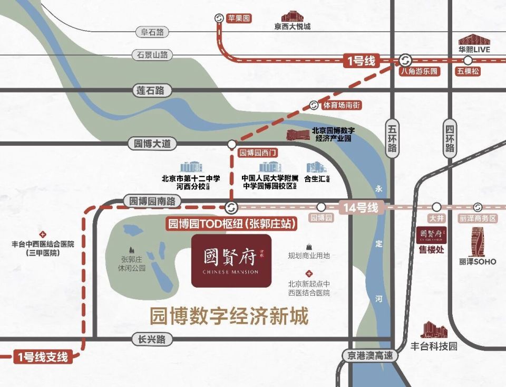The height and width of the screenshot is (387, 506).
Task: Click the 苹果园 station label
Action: pos(239,18)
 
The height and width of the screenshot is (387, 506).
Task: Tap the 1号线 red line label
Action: pos(361,61)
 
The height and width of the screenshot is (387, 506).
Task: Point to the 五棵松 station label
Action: pos(469,71)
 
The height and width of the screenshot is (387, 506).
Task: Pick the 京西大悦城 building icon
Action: pos(292,16)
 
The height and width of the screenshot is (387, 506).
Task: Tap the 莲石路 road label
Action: pos(151,90)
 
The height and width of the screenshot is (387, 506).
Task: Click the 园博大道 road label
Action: pos(153,143)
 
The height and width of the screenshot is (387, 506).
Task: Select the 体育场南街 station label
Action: pos(342,105)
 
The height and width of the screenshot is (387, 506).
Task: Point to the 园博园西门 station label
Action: pos(258,153)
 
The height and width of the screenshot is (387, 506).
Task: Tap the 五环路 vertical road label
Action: pos(392,138)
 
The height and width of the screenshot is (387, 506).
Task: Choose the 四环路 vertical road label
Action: pos(449,138)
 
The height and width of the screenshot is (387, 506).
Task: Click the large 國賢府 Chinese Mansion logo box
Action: pos(231,261)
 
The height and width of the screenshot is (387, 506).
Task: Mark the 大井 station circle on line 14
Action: pos(436,207)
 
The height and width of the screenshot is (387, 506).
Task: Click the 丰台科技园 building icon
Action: pos(433,330)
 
